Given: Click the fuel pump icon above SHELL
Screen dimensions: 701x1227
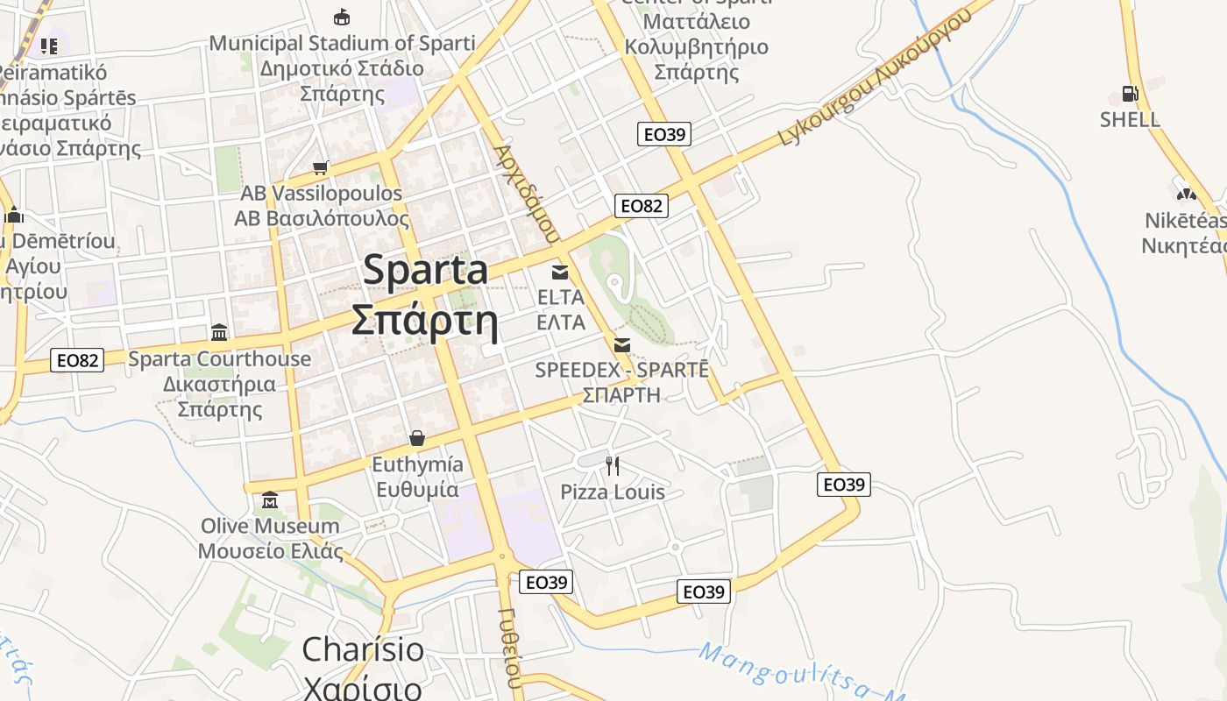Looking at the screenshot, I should click(x=1130, y=93).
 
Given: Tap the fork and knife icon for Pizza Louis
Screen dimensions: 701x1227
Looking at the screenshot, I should click(x=613, y=466).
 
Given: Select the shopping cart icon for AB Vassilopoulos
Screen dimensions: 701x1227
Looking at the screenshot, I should click(x=321, y=166).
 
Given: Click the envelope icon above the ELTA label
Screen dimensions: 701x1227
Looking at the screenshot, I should click(x=560, y=272).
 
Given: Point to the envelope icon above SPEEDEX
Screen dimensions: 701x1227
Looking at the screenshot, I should click(x=622, y=344).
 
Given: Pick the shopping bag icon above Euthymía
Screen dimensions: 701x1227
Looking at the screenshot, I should click(x=417, y=437).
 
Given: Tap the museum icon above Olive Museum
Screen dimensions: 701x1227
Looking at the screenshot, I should click(x=270, y=500).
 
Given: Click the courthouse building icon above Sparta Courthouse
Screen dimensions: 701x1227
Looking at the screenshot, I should click(x=219, y=332).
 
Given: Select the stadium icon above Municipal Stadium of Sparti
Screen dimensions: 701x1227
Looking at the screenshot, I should click(x=342, y=17).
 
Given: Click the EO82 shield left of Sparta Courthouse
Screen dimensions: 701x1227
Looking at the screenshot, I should click(x=77, y=359).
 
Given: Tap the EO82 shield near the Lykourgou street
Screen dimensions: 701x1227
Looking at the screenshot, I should click(x=642, y=206).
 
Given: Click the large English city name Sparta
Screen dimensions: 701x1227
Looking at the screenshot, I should click(x=426, y=269).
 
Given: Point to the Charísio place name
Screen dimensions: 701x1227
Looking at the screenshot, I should click(x=363, y=650).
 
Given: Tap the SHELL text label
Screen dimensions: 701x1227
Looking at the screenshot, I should click(x=1130, y=119).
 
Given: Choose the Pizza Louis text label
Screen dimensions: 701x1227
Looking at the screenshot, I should click(x=613, y=492).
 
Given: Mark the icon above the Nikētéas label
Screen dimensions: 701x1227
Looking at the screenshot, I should click(x=1186, y=193).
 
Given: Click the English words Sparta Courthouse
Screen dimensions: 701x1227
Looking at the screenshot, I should click(x=219, y=358).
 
